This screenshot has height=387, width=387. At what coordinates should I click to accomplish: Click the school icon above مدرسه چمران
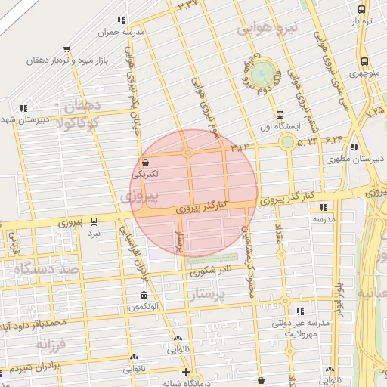click(121, 21)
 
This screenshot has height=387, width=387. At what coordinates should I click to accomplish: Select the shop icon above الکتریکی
click(145, 163)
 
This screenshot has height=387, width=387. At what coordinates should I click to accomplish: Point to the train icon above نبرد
click(94, 221)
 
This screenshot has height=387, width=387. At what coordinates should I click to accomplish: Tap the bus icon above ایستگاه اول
click(280, 114)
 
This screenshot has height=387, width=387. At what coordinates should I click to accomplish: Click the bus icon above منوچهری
click(364, 62)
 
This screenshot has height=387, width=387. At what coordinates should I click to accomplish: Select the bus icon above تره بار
click(362, 10)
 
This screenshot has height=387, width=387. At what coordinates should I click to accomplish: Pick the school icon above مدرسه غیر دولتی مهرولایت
click(300, 311)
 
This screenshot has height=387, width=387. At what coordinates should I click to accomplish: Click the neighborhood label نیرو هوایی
click(268, 29)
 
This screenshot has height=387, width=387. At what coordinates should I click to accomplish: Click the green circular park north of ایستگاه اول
click(263, 73)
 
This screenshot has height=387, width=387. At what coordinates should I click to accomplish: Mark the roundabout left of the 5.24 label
click(287, 142)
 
